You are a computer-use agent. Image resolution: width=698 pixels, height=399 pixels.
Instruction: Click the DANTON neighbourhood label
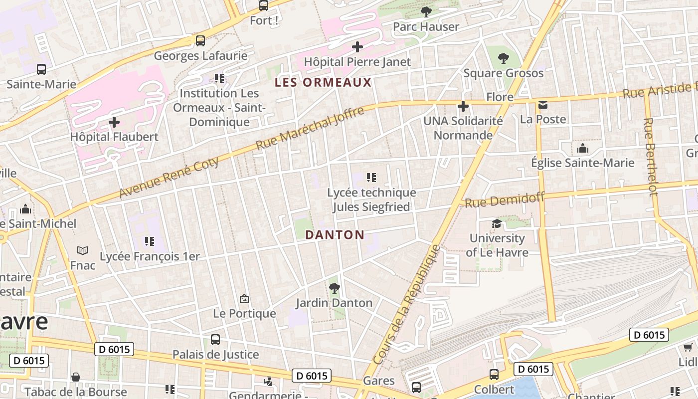335,235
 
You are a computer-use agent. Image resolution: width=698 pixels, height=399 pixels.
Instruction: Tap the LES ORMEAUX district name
324,83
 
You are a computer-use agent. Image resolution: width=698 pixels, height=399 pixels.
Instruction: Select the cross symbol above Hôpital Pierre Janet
357,47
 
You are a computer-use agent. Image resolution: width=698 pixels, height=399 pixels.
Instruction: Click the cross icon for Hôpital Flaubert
114,122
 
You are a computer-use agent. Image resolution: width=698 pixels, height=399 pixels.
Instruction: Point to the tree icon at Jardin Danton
334,288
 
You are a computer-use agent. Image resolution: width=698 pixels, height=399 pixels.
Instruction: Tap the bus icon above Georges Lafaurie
200,41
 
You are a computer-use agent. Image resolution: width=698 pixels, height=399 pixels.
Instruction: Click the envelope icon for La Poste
542,105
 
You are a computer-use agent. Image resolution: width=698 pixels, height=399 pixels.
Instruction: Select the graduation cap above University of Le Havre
497,223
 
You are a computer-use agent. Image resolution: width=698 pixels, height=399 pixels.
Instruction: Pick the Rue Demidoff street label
505,200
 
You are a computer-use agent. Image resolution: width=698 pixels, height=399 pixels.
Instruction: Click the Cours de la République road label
407,304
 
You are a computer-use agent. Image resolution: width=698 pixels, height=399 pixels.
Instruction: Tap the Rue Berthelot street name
650,157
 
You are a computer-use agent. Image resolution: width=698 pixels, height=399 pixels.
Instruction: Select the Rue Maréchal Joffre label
310,128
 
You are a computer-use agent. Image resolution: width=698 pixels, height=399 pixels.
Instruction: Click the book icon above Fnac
83,250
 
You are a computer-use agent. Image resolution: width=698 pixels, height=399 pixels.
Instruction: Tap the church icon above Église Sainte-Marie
582,148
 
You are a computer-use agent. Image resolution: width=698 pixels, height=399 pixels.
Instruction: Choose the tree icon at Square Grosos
504,58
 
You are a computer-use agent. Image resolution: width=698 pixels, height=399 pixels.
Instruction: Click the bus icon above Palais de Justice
215,340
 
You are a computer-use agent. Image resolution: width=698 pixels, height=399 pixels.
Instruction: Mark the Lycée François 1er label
150,256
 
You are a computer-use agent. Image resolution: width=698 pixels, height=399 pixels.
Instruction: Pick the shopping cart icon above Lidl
688,347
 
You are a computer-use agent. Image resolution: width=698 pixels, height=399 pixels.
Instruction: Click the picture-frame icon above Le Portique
244,299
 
